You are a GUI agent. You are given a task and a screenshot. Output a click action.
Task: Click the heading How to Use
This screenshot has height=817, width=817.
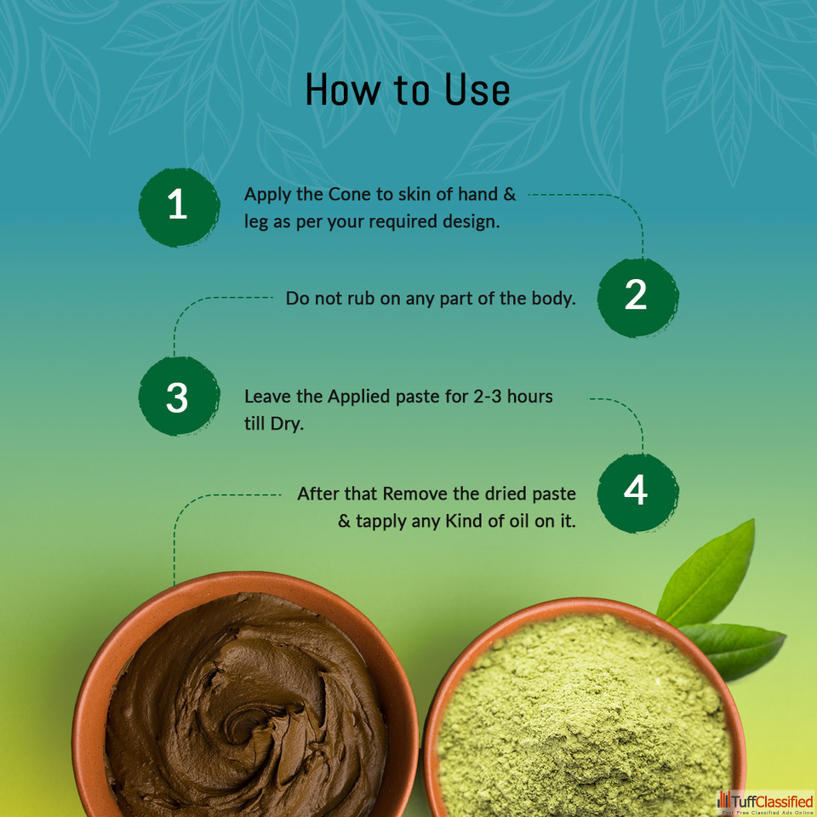point(408,89)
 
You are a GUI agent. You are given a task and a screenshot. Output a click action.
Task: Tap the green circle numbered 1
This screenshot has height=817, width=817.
point(179,207)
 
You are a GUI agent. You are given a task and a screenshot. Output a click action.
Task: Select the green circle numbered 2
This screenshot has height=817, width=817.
point(637,298)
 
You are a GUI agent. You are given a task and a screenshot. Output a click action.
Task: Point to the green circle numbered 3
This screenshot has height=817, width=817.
point(179,396)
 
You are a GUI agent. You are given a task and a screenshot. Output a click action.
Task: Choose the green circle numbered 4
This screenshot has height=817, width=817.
point(637,493)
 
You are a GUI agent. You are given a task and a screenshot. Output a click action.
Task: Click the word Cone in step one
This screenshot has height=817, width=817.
point(350,194)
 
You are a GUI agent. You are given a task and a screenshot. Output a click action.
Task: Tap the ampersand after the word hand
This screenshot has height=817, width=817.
point(509,194)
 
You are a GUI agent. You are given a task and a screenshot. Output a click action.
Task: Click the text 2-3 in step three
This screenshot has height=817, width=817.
point(488,397)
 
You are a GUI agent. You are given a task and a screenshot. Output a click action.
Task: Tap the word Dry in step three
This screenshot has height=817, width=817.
point(287,424)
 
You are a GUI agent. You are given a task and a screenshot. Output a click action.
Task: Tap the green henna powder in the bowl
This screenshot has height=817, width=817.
point(584,719)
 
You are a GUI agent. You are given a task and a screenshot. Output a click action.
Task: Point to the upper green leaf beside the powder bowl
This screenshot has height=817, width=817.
point(710,574)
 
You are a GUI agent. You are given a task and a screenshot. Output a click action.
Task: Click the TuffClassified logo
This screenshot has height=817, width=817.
point(765,803)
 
